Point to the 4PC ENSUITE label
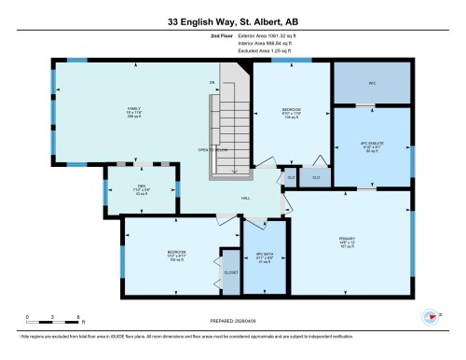click(x=372, y=145)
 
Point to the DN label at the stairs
click(x=212, y=84)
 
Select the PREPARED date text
click(x=233, y=323)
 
